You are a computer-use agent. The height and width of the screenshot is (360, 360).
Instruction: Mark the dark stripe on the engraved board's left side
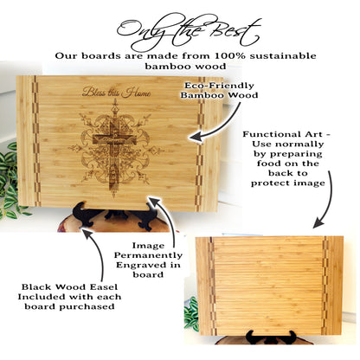click(27, 143)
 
